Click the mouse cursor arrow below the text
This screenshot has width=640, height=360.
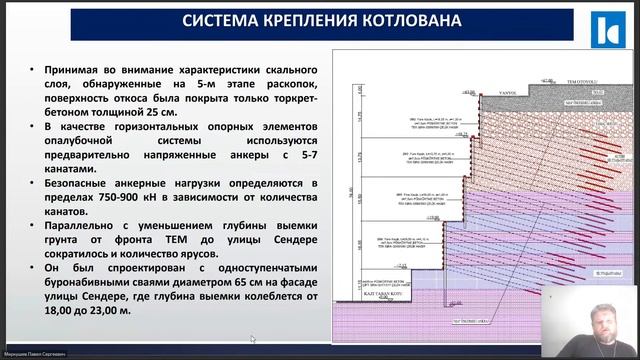(x=253, y=339)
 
